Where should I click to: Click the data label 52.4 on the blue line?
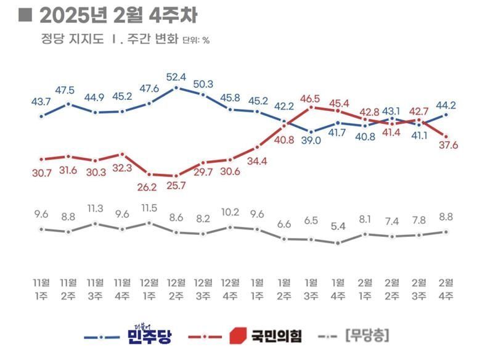[176, 77]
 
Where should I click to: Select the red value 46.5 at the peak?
[310, 98]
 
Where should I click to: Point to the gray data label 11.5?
[149, 208]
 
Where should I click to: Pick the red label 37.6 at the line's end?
[446, 145]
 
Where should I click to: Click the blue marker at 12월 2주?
[176, 88]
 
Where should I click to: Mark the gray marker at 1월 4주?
[338, 242]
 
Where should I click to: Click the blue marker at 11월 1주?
[41, 115]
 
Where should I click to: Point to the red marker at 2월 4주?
[446, 136]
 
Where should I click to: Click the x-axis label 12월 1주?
[149, 289]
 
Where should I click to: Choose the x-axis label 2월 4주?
[446, 289]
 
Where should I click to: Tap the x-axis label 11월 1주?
[41, 289]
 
